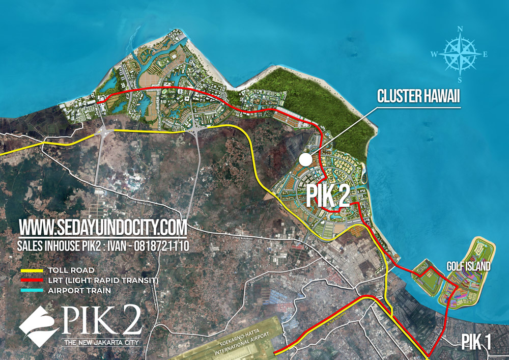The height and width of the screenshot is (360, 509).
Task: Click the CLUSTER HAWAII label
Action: click(418, 96)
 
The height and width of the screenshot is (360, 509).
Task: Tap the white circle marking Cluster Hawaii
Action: click(305, 159)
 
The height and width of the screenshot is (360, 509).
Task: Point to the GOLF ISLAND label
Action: click(469, 266)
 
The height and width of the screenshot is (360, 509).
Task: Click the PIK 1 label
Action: click(476, 342)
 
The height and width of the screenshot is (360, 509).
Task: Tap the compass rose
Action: click(460, 54)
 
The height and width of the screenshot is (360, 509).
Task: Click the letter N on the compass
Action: click(460, 30)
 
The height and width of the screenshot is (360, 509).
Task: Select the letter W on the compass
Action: click(434, 54)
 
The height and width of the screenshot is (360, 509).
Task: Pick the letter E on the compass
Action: click(485, 54)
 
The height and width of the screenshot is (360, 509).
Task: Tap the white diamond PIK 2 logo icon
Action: click(39, 327)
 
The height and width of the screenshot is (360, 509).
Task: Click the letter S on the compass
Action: click(460, 79)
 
